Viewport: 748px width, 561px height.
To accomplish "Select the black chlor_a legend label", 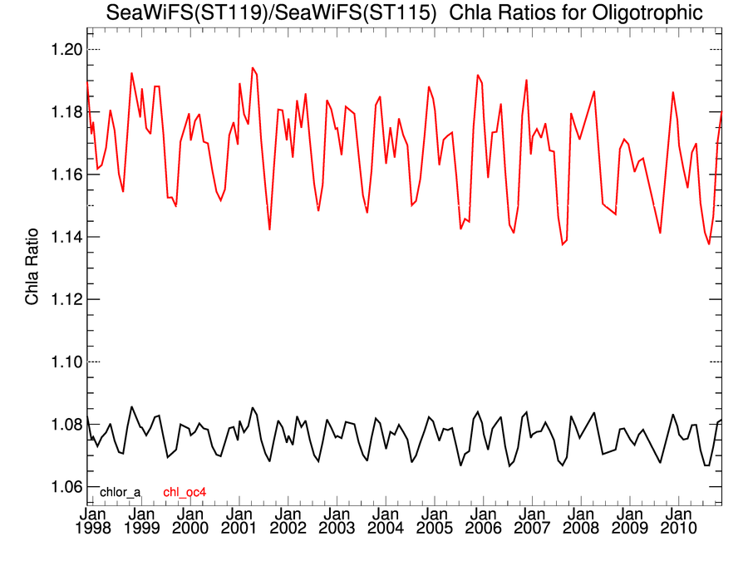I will tap(121, 492).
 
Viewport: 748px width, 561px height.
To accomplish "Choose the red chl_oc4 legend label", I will tap(185, 492).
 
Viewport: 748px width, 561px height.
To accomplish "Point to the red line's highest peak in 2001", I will tap(253, 68).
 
